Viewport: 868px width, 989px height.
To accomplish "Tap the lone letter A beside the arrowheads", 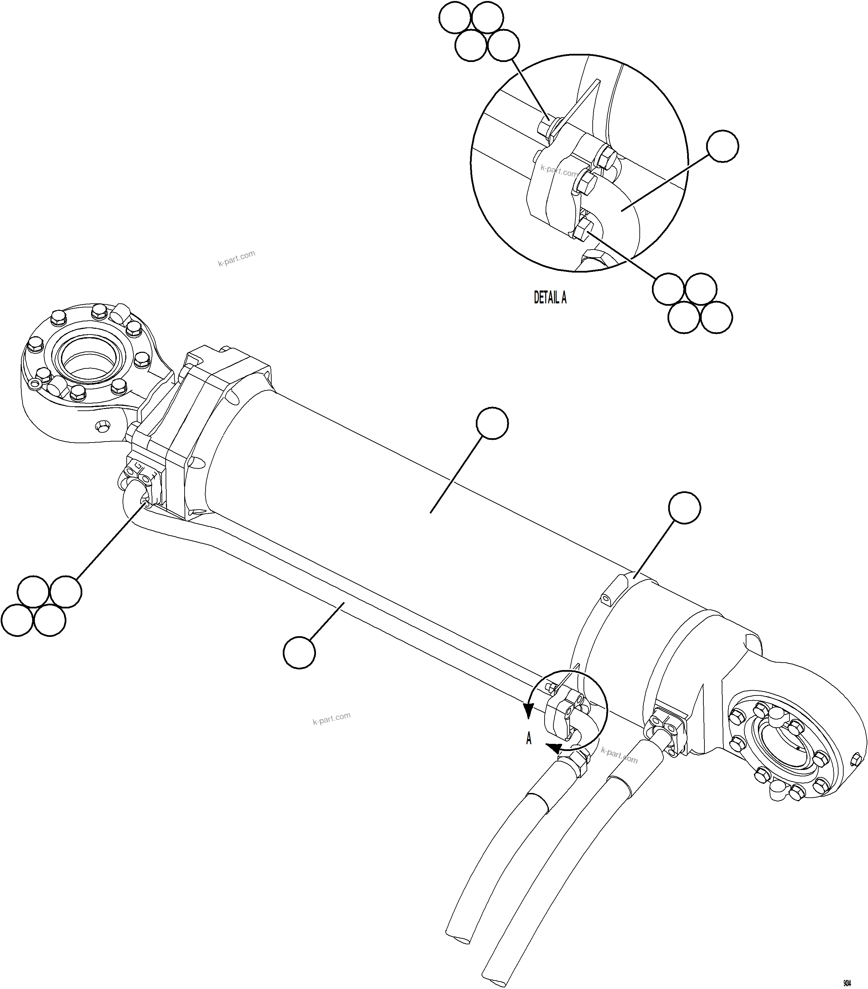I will [x=529, y=739].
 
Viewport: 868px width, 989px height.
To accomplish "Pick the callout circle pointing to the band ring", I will [x=684, y=508].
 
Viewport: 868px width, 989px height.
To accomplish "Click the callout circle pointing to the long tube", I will [x=299, y=653].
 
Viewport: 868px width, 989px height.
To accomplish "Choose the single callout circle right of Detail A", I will [x=722, y=146].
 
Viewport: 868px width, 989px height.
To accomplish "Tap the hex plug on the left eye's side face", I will [x=103, y=426].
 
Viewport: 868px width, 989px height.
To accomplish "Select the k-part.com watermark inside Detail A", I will [x=559, y=170].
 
